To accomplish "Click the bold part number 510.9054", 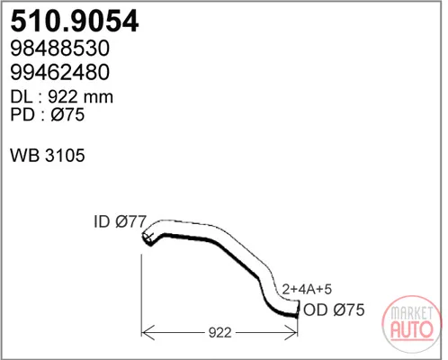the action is tap(75, 21).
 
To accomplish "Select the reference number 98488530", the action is tap(60, 49).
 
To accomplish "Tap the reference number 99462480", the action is tap(60, 72).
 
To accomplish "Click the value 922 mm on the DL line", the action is tap(80, 97).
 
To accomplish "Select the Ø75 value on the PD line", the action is tap(67, 114).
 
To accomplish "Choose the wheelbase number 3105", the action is tap(65, 156).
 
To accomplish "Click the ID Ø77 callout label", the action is tap(120, 221).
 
